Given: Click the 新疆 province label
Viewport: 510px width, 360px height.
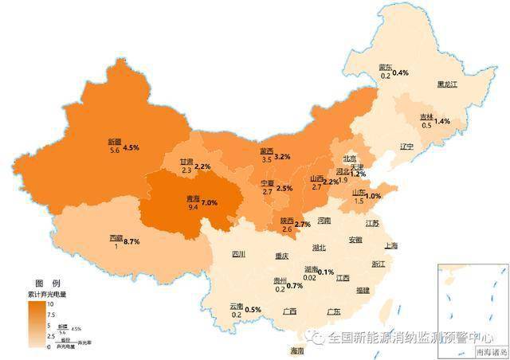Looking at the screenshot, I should pyautogui.click(x=114, y=141).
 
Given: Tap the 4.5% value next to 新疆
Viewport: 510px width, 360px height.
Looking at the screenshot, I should pyautogui.click(x=131, y=148).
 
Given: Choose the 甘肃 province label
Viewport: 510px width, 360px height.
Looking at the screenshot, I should pyautogui.click(x=186, y=161).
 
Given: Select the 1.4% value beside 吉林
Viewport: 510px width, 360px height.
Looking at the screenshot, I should pyautogui.click(x=442, y=121).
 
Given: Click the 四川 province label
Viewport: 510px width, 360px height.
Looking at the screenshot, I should pyautogui.click(x=239, y=255).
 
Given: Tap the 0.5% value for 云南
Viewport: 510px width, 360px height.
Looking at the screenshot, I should pyautogui.click(x=253, y=309).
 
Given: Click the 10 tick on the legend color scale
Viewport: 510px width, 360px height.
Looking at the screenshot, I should pyautogui.click(x=49, y=304).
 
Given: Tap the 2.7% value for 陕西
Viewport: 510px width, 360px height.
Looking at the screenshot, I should pyautogui.click(x=302, y=225).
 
